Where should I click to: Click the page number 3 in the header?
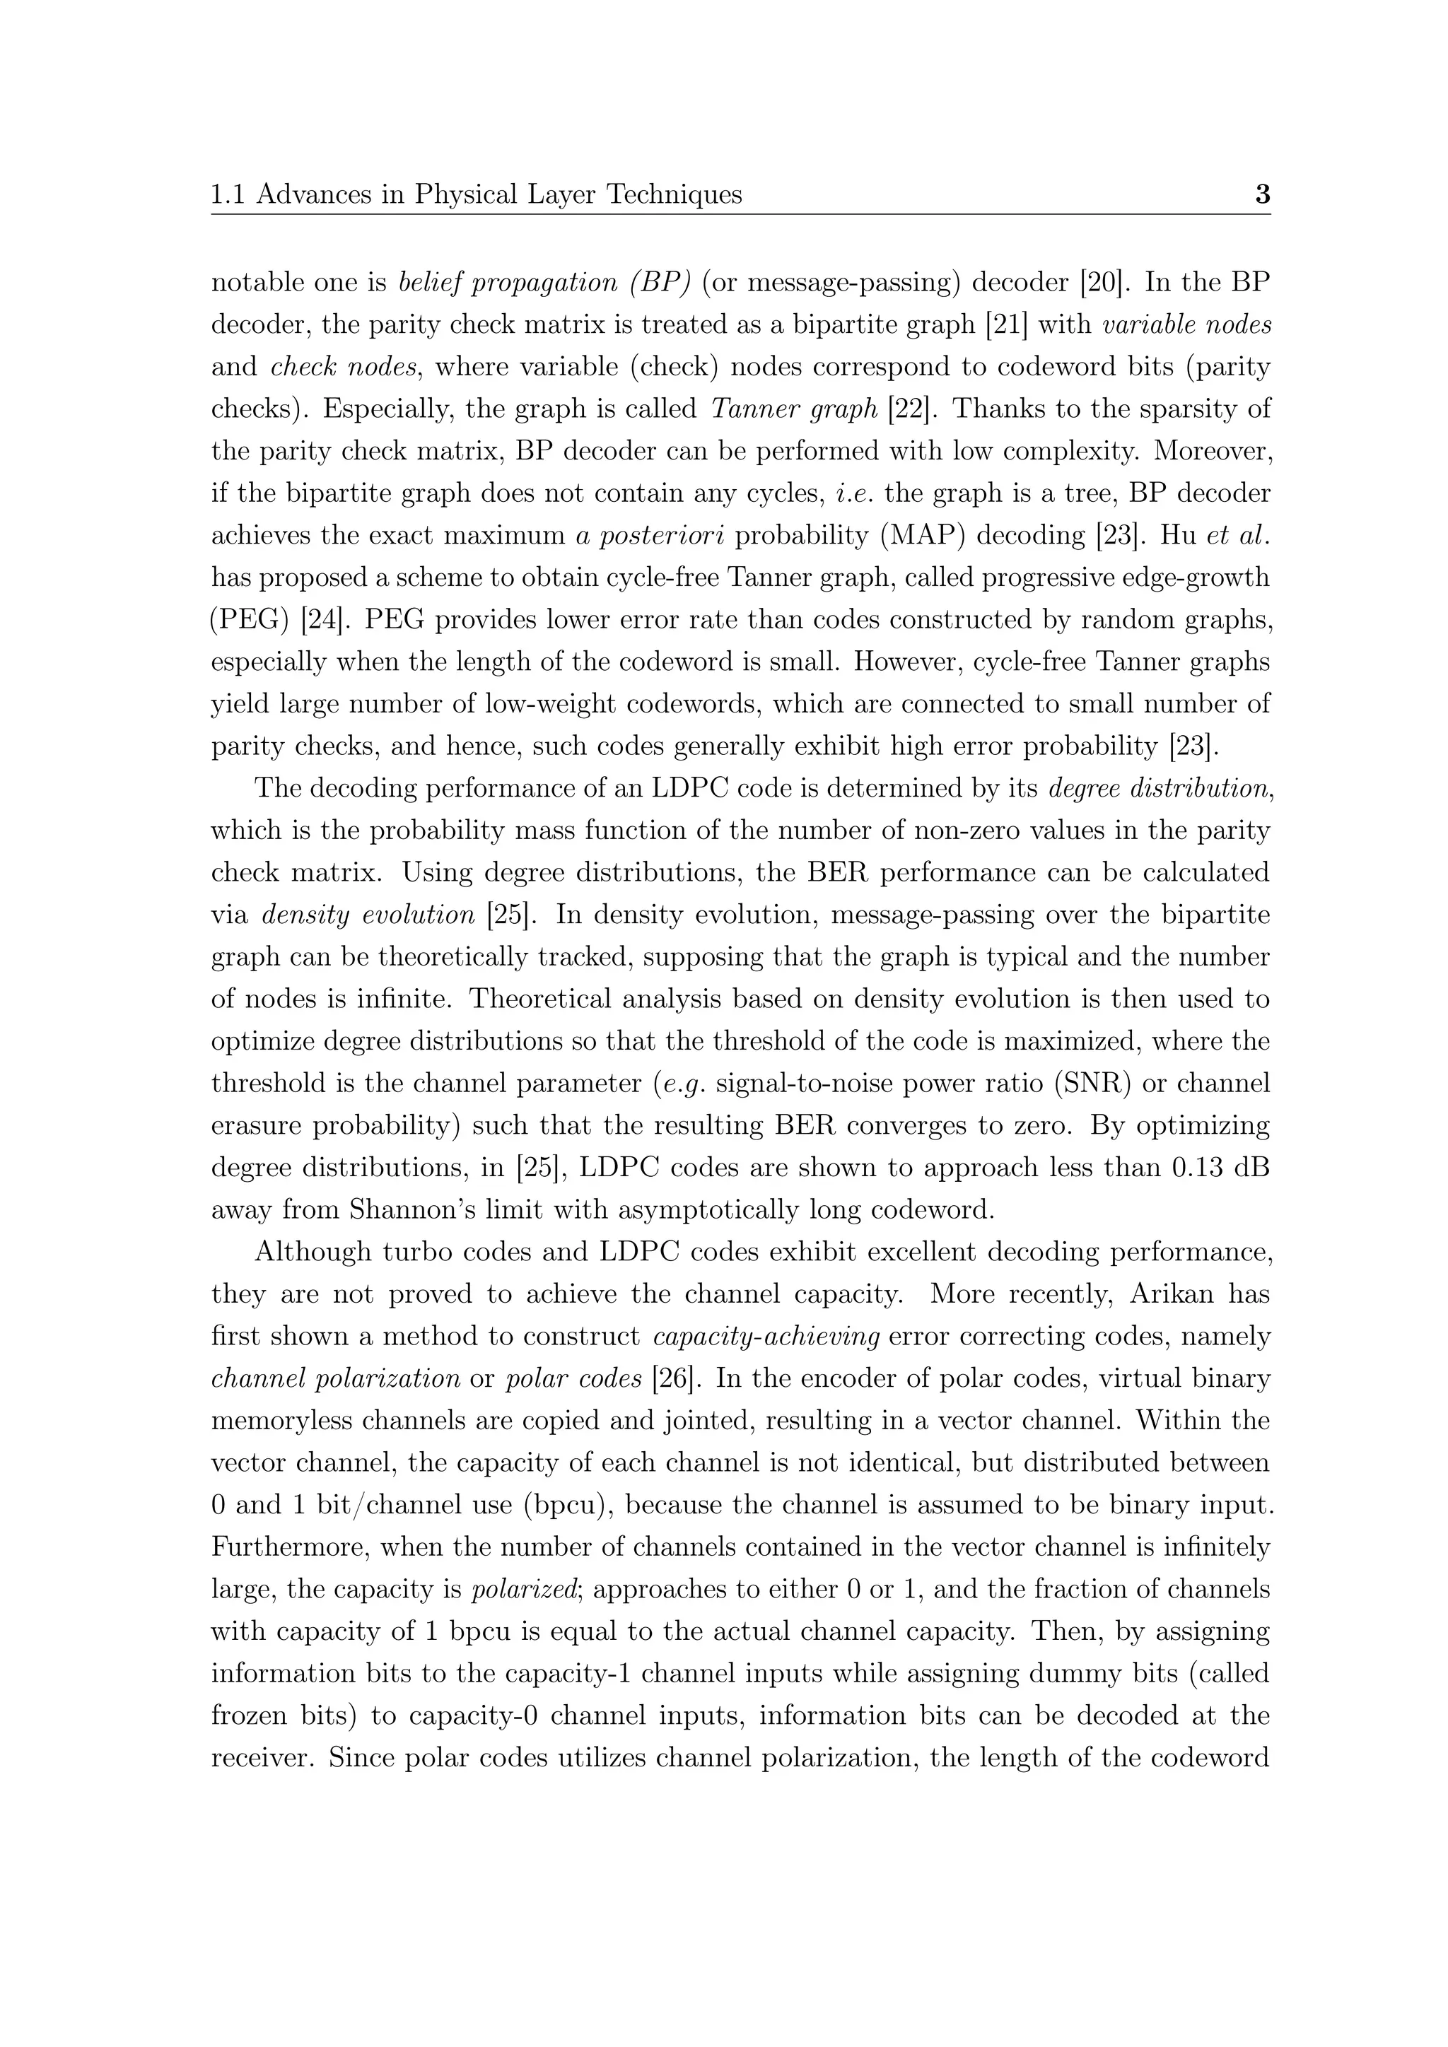point(1261,194)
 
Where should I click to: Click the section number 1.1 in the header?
point(228,194)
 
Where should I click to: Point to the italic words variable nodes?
point(1186,324)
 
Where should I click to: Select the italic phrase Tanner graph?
point(795,409)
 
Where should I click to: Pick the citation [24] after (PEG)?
point(322,621)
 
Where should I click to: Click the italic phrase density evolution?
point(368,915)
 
